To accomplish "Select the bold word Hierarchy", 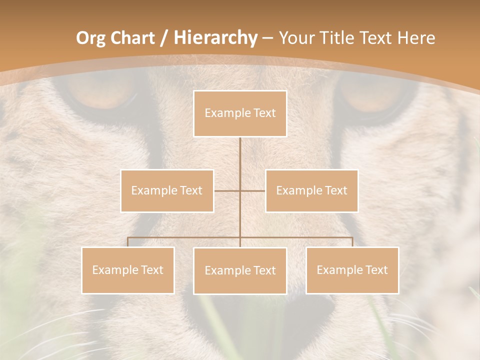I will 215,38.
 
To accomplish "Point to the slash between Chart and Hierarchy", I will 163,38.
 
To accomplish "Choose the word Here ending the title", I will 416,38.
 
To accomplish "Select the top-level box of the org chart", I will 240,113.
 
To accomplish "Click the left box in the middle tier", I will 167,190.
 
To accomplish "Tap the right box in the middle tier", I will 311,190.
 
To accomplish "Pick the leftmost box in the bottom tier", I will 128,270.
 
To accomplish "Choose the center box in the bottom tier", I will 240,270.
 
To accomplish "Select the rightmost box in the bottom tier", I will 352,270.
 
